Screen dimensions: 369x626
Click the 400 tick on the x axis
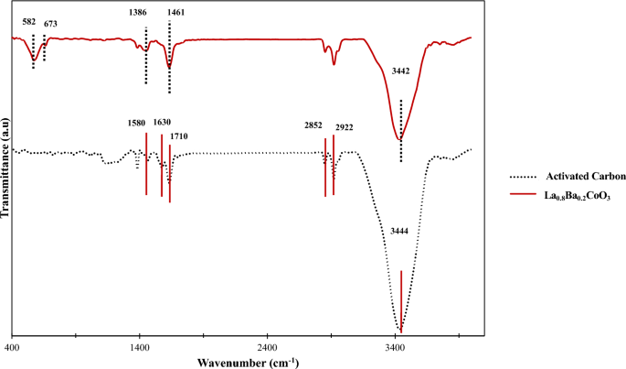click(12, 349)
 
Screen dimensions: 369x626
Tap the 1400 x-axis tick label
click(140, 349)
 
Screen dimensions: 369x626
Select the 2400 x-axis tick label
click(268, 349)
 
